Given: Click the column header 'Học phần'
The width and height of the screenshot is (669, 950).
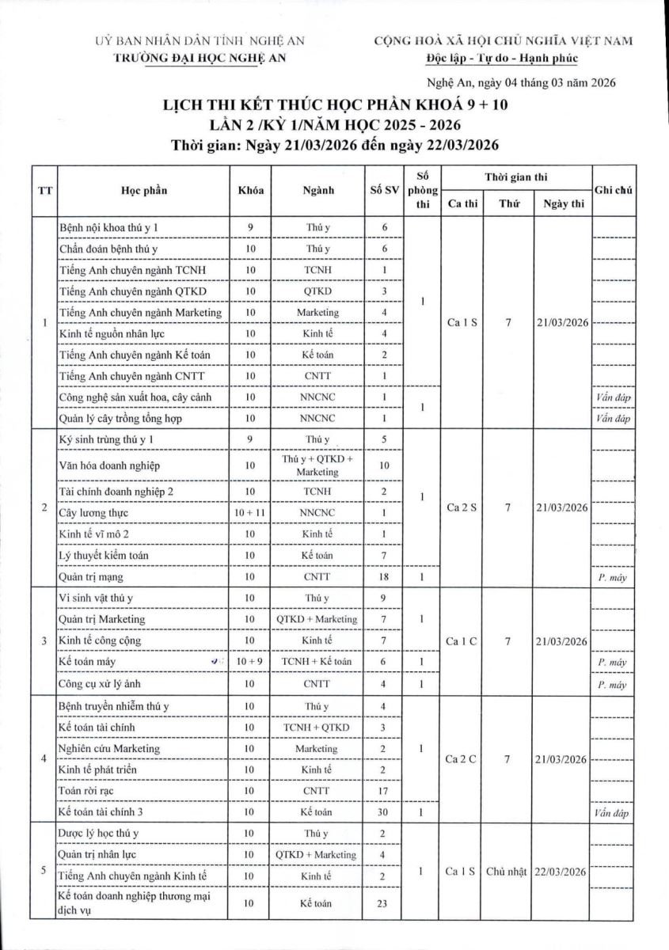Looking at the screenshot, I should [x=144, y=190].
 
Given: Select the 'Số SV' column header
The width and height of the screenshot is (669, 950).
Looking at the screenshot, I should [x=384, y=190].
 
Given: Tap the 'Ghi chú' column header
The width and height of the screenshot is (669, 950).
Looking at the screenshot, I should [x=613, y=190].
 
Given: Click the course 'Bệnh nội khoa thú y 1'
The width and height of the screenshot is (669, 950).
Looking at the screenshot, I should [x=113, y=228].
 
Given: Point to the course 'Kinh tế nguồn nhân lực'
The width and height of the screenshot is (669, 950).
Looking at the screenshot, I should [x=114, y=333].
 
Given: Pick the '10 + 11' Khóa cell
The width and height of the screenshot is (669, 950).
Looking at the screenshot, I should [x=249, y=514].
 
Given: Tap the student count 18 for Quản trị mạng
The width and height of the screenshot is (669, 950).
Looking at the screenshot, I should [x=384, y=577].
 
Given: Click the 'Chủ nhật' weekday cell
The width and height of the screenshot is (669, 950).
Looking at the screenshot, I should [x=507, y=872].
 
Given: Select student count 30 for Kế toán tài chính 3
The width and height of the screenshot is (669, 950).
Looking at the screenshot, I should [x=384, y=811].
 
